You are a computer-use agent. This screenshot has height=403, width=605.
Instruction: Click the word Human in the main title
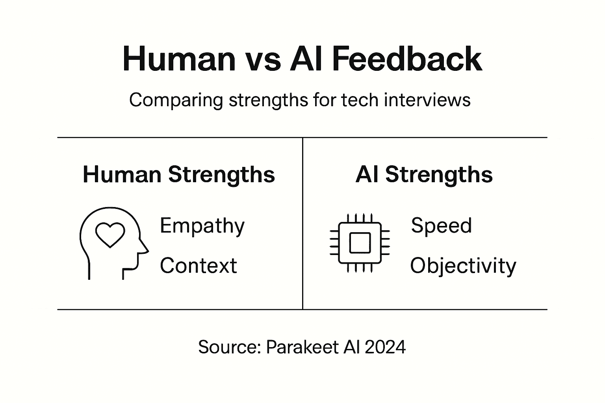pyautogui.click(x=179, y=59)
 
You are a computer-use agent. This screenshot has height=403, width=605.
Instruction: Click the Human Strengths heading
pyautogui.click(x=179, y=174)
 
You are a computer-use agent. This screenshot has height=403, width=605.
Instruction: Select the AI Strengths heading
pyautogui.click(x=424, y=174)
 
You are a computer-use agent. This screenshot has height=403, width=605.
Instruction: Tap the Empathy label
pyautogui.click(x=202, y=226)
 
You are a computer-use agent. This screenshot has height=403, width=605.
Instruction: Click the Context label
pyautogui.click(x=198, y=265)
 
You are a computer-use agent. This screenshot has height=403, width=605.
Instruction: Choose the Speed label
pyautogui.click(x=441, y=226)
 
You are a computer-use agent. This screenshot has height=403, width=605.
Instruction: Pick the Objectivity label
pyautogui.click(x=463, y=266)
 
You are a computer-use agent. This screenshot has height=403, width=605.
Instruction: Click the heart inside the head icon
pyautogui.click(x=110, y=235)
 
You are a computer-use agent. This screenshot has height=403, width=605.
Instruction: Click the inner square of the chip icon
pyautogui.click(x=360, y=243)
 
